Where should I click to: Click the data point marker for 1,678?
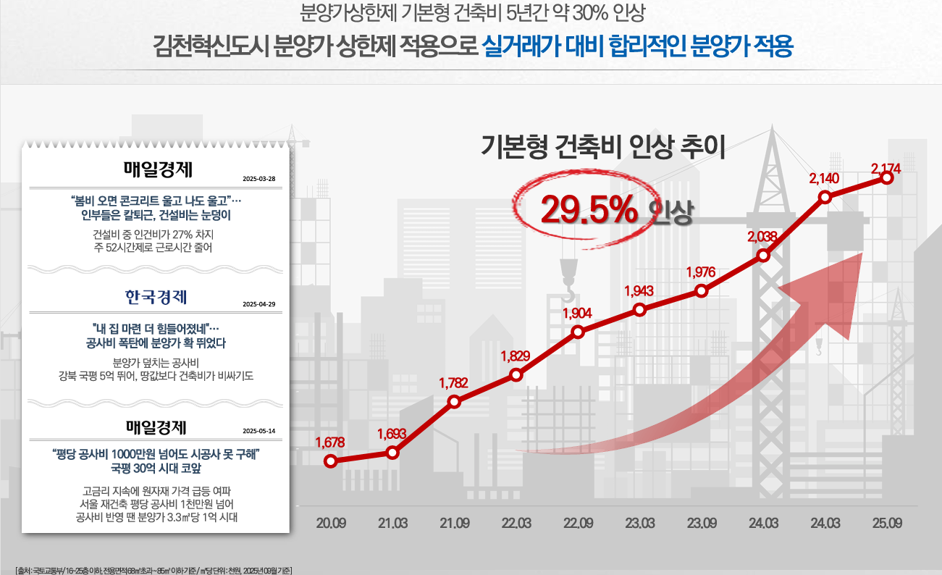pos(330,461)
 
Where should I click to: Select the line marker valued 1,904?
pos(578,332)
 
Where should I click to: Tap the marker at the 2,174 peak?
pos(887,178)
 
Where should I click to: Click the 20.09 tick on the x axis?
pos(331,524)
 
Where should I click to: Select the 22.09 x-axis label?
pos(578,524)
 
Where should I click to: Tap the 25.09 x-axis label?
pos(887,524)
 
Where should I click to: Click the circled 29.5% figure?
pos(589,211)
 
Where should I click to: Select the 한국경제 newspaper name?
pos(156,298)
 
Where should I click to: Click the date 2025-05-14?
pos(259,429)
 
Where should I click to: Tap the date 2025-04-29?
pos(259,304)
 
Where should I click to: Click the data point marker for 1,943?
pos(639,310)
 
